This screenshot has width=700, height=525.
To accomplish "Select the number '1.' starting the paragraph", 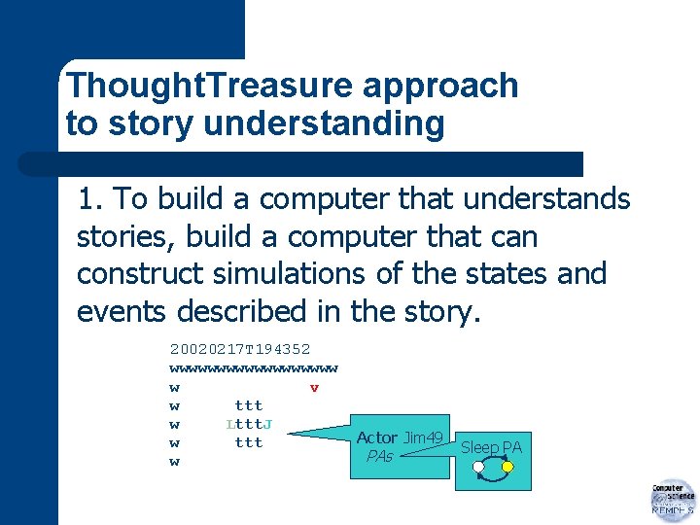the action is pyautogui.click(x=91, y=200).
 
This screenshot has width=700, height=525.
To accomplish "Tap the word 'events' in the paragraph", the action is pyautogui.click(x=123, y=311).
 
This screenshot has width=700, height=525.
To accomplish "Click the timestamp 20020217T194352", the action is pyautogui.click(x=240, y=348).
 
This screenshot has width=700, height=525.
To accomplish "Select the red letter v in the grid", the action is pyautogui.click(x=314, y=388).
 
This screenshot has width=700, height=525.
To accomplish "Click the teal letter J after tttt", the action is pyautogui.click(x=267, y=424).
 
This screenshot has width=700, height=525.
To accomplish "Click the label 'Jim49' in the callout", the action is pyautogui.click(x=424, y=437).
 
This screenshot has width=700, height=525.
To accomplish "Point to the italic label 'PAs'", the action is pyautogui.click(x=379, y=456).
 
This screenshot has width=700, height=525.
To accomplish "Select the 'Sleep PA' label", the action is pyautogui.click(x=491, y=447).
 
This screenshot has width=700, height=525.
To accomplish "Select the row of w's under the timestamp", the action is pyautogui.click(x=254, y=368).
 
